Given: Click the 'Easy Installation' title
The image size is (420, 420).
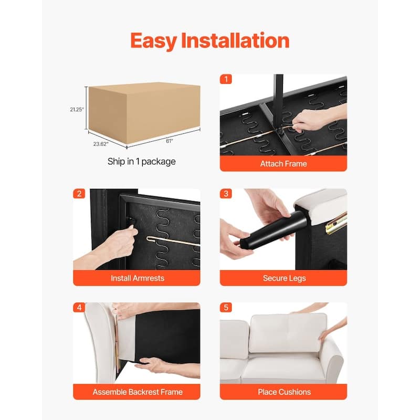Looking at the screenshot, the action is pyautogui.click(x=209, y=41).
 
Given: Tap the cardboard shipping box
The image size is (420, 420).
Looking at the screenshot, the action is pyautogui.click(x=144, y=113).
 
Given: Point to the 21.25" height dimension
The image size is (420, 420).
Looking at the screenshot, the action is pyautogui.click(x=77, y=109).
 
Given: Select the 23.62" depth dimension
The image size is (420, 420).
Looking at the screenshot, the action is pyautogui.click(x=101, y=144).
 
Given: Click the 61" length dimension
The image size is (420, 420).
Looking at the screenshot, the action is pyautogui.click(x=169, y=141).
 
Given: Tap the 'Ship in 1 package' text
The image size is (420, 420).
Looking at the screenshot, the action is pyautogui.click(x=141, y=162).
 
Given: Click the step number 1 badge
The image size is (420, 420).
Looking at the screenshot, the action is pyautogui.click(x=226, y=79).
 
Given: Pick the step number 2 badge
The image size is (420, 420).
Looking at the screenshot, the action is pyautogui.click(x=79, y=194).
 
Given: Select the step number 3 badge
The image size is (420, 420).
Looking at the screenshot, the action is pyautogui.click(x=226, y=194).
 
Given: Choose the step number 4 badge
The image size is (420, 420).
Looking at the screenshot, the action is pyautogui.click(x=79, y=308).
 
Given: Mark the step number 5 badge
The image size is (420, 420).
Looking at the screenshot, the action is pyautogui.click(x=226, y=308).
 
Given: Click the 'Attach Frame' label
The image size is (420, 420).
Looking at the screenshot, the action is pyautogui.click(x=283, y=164).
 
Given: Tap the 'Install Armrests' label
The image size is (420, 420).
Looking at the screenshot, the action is pyautogui.click(x=138, y=278).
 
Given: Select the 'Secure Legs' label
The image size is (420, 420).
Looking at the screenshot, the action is pyautogui.click(x=284, y=278).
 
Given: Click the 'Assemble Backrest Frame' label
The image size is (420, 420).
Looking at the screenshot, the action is pyautogui.click(x=138, y=392).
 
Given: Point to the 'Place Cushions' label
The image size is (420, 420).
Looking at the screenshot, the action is pyautogui.click(x=284, y=392).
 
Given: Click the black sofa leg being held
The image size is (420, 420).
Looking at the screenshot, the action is pyautogui.click(x=273, y=229).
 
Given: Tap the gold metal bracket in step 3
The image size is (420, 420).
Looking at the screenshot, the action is pyautogui.click(x=337, y=223).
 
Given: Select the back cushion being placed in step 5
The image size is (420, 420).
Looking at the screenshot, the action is pyautogui.click(x=288, y=333).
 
